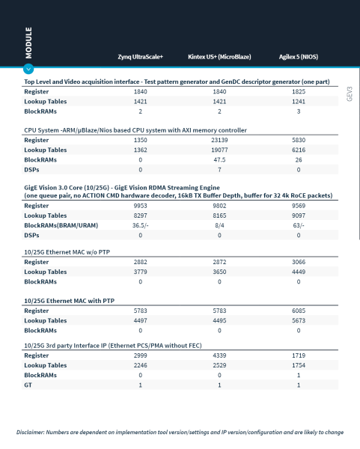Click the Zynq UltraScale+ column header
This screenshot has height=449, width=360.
(141, 57)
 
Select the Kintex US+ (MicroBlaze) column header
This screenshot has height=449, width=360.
(219, 57)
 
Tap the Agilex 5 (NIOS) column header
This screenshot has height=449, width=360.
(299, 57)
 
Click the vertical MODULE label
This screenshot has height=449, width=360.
(28, 43)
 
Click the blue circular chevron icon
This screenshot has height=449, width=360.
(28, 69)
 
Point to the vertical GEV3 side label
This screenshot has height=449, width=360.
(350, 94)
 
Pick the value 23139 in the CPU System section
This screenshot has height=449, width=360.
(219, 140)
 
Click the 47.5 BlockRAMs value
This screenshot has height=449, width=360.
(219, 160)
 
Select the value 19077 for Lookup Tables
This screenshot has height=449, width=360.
(219, 150)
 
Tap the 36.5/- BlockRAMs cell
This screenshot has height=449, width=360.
(141, 225)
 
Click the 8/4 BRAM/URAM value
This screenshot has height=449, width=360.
(219, 225)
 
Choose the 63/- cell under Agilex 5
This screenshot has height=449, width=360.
(299, 225)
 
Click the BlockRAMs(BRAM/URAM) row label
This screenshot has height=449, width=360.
(61, 225)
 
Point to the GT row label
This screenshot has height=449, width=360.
(28, 385)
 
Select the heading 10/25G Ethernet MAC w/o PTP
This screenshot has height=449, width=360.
(67, 252)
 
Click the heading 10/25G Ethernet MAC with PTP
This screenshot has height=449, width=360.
(70, 301)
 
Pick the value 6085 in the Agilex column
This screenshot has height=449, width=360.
(299, 311)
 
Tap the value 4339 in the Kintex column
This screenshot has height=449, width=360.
(219, 355)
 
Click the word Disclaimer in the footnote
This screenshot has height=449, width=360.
(30, 432)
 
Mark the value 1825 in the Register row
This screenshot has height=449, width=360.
(299, 91)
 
